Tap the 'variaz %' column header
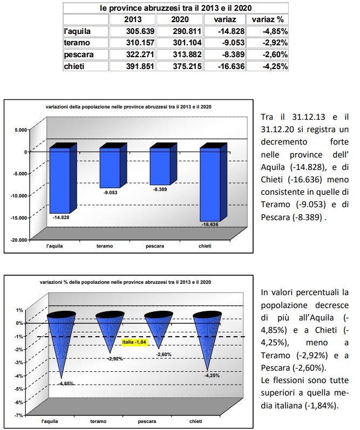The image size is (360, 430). coord(269,19)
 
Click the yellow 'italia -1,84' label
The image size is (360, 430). coord(134,342)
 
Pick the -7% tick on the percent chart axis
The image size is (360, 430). coord(19,415)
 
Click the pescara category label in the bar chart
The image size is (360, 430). coord(155,246)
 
